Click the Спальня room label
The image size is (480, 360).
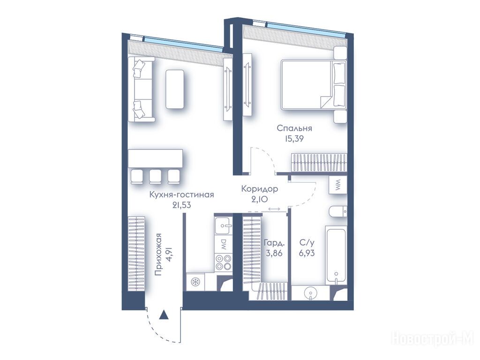pyautogui.click(x=294, y=128)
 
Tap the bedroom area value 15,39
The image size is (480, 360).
pyautogui.click(x=294, y=139)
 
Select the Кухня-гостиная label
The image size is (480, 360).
pyautogui.click(x=181, y=195)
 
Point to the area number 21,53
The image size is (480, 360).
pyautogui.click(x=181, y=205)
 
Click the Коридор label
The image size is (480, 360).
pyautogui.click(x=260, y=189)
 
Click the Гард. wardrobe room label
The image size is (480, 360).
pyautogui.click(x=274, y=244)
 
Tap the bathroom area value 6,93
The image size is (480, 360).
pyautogui.click(x=307, y=254)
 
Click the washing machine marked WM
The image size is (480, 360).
pyautogui.click(x=338, y=185)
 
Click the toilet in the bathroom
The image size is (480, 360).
pyautogui.click(x=338, y=212)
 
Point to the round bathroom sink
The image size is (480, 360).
pyautogui.click(x=311, y=293)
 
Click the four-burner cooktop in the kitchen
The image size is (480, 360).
pyautogui.click(x=224, y=262)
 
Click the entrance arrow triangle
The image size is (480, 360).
pyautogui.click(x=164, y=315)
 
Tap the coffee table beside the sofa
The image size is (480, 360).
pyautogui.click(x=175, y=89)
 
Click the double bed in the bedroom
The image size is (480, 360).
pyautogui.click(x=314, y=84)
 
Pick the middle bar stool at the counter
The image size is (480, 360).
pyautogui.click(x=156, y=177)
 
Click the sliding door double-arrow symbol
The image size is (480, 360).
pyautogui.click(x=274, y=209)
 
